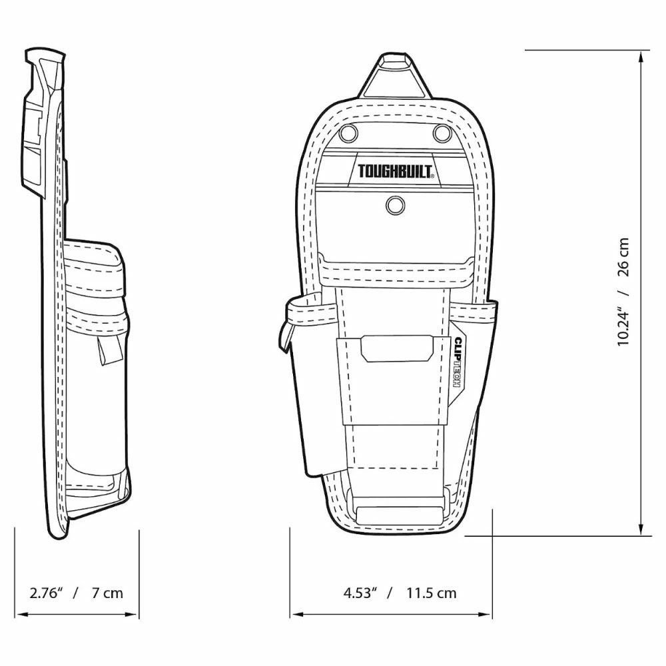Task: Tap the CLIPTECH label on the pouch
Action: (458, 362)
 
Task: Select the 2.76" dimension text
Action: (47, 593)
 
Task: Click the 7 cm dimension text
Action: (107, 593)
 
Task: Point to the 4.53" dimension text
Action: (360, 593)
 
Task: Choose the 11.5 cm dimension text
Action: (432, 593)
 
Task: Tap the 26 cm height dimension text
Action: (623, 257)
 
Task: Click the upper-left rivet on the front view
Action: (348, 134)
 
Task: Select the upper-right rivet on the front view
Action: (442, 134)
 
